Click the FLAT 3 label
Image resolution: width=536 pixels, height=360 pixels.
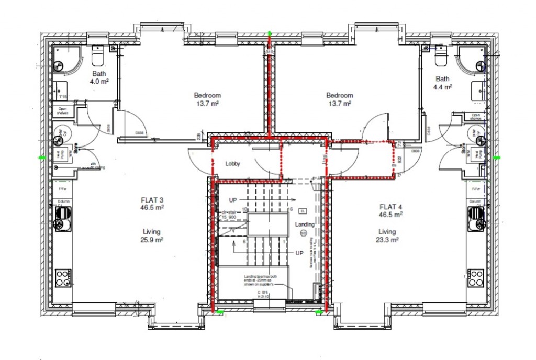pos(152,200)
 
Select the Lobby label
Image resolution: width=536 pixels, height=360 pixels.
pos(232,164)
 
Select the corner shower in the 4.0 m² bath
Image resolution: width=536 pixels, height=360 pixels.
pos(67,60)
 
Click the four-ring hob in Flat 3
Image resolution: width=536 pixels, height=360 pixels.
pos(63,277)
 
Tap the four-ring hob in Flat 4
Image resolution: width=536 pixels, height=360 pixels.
pos(475,277)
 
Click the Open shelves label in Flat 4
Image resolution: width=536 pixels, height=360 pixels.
pos(475,117)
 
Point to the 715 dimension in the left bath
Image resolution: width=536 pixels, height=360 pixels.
pos(63,97)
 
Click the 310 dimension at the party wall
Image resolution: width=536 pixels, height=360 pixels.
pos(270,52)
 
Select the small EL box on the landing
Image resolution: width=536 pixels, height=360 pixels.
pos(303,211)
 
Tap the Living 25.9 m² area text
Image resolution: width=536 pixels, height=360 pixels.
pos(151,235)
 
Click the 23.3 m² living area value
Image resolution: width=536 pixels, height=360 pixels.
pos(387,240)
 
